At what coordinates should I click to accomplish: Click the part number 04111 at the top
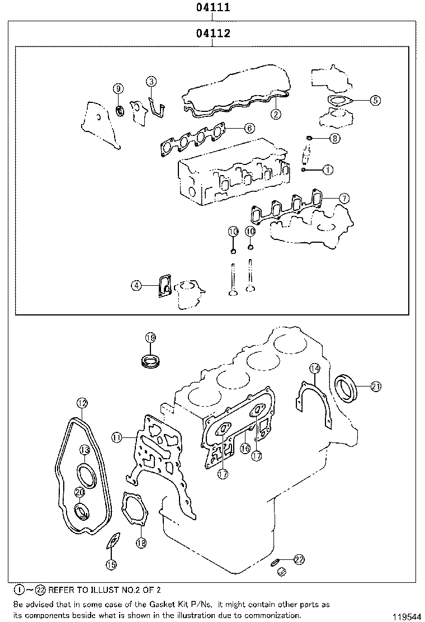coord(213,8)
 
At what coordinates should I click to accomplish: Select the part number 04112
coord(213,34)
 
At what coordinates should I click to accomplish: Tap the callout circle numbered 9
coord(118,88)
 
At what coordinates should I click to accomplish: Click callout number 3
coord(151,82)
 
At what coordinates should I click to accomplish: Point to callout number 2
coord(276,114)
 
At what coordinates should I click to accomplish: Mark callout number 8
coord(334,138)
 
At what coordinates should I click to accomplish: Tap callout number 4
coord(136,286)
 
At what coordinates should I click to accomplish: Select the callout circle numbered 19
coord(150,337)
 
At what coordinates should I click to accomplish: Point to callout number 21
coord(376,386)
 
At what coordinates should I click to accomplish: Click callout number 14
coord(315,368)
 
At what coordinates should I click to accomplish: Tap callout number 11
coord(116,437)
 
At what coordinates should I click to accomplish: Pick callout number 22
coord(299,559)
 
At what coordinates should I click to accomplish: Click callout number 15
coord(111,564)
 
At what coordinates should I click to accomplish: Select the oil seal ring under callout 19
coord(150,360)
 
